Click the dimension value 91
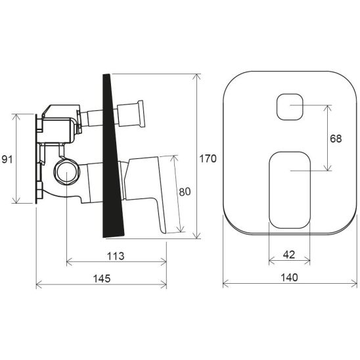click(x=7, y=159)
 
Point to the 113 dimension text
click(x=116, y=255)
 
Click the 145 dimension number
click(x=101, y=278)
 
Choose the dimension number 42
click(x=289, y=255)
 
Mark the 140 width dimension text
click(x=289, y=278)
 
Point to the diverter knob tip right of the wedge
click(x=140, y=114)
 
